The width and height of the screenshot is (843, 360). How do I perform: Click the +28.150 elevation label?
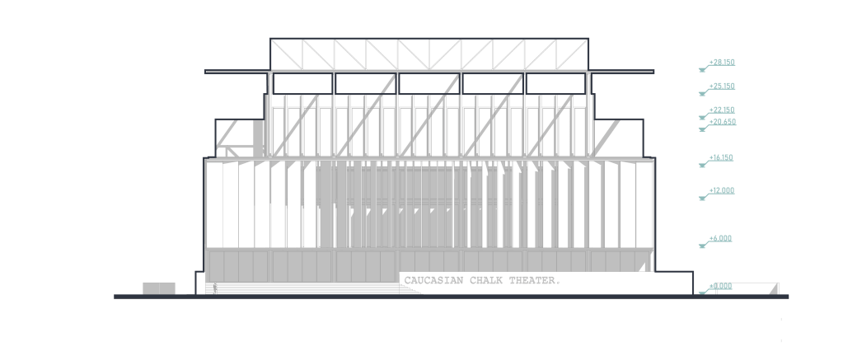coord(722,62)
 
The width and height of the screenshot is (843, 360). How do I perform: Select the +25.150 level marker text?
coord(722,86)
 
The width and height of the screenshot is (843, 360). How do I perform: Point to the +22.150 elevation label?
coord(722,110)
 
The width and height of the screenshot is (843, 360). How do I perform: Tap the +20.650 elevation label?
coord(722,122)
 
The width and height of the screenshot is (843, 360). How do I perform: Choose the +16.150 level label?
coord(722,157)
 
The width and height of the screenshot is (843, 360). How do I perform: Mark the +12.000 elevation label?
coord(722,190)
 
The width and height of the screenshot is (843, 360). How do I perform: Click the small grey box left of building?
coord(159,288)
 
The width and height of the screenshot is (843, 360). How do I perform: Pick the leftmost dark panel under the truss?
coord(303,83)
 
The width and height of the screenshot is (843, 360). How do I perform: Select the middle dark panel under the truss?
coord(429,83)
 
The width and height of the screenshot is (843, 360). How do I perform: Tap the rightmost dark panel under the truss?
coord(556,83)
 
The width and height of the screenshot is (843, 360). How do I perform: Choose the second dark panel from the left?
coord(366,83)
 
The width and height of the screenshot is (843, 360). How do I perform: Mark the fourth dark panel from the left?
coord(493,83)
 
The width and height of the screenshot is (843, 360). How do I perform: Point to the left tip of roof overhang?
coord(206,72)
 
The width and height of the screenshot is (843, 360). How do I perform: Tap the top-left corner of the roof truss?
coord(270,39)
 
